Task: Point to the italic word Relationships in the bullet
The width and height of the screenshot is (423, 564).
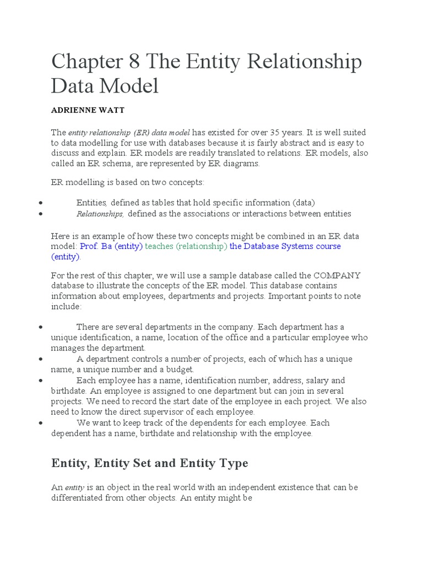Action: coord(100,214)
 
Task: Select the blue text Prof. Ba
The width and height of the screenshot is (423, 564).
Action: coord(96,246)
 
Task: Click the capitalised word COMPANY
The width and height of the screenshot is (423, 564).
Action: coord(337,275)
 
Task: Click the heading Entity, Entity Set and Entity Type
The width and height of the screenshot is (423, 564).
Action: coord(150,463)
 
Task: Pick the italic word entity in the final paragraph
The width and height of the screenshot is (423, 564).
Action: coord(74,488)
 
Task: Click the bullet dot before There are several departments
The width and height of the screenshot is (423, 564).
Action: coord(41,327)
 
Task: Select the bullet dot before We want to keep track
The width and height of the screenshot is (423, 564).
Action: coord(41,423)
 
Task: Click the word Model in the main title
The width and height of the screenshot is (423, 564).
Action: coord(132,86)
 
